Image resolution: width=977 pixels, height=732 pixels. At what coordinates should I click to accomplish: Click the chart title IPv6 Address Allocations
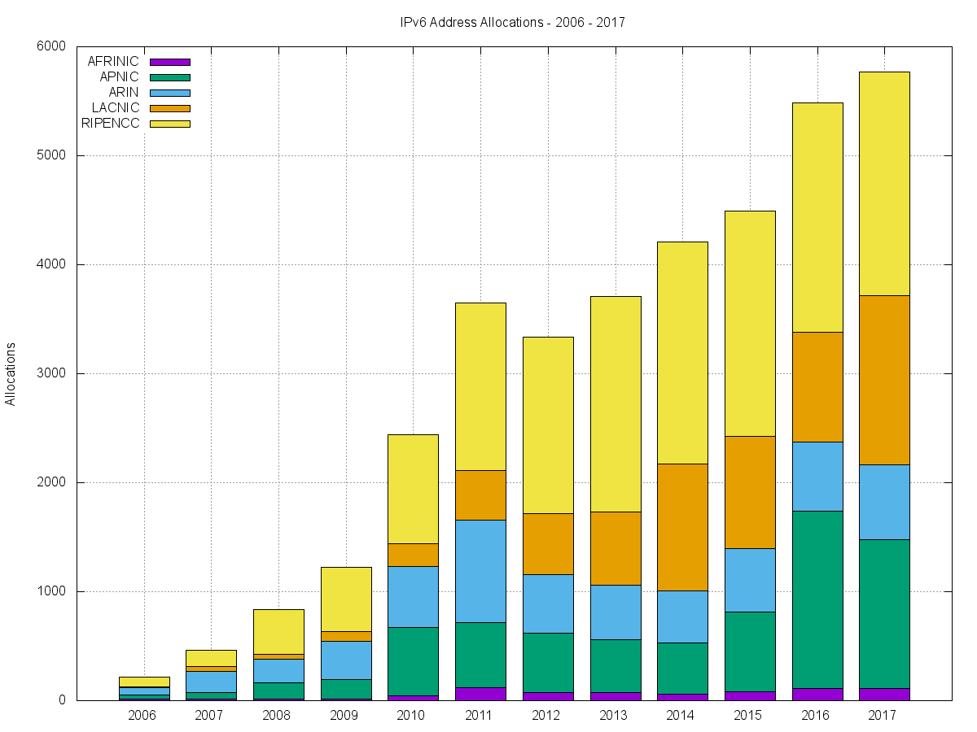pyautogui.click(x=512, y=23)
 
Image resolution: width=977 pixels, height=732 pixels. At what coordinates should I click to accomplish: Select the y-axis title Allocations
pyautogui.click(x=11, y=373)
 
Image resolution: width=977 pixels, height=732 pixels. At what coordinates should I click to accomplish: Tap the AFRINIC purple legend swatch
pyautogui.click(x=169, y=62)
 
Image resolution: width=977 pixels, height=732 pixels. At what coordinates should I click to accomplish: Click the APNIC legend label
pyautogui.click(x=119, y=77)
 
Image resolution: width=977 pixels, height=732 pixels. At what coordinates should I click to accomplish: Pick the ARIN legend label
pyautogui.click(x=124, y=93)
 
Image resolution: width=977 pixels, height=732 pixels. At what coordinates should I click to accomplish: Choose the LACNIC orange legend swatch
pyautogui.click(x=169, y=108)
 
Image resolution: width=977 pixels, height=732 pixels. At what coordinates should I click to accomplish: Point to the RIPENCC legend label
pyautogui.click(x=111, y=124)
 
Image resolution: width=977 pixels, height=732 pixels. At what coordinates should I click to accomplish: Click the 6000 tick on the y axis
pyautogui.click(x=50, y=46)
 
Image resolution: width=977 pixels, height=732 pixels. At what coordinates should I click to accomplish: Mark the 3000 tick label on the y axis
pyautogui.click(x=50, y=373)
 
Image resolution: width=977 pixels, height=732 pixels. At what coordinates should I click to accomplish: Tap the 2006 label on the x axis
pyautogui.click(x=142, y=717)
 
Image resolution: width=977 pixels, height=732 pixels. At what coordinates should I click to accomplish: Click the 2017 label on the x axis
pyautogui.click(x=883, y=717)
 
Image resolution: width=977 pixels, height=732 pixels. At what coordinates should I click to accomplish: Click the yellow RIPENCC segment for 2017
pyautogui.click(x=883, y=183)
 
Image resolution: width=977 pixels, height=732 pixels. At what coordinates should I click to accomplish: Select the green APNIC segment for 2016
pyautogui.click(x=817, y=599)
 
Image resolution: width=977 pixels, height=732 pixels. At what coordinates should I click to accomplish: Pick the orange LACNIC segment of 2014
pyautogui.click(x=682, y=527)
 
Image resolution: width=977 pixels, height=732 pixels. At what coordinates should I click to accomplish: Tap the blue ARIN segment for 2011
pyautogui.click(x=480, y=571)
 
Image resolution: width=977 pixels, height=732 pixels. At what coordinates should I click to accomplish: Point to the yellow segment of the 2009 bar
pyautogui.click(x=346, y=599)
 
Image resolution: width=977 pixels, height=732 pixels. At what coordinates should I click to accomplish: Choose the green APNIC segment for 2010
pyautogui.click(x=413, y=661)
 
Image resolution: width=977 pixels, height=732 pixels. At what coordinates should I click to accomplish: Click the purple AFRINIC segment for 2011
pyautogui.click(x=480, y=694)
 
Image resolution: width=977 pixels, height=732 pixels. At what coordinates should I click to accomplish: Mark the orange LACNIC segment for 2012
pyautogui.click(x=547, y=543)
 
